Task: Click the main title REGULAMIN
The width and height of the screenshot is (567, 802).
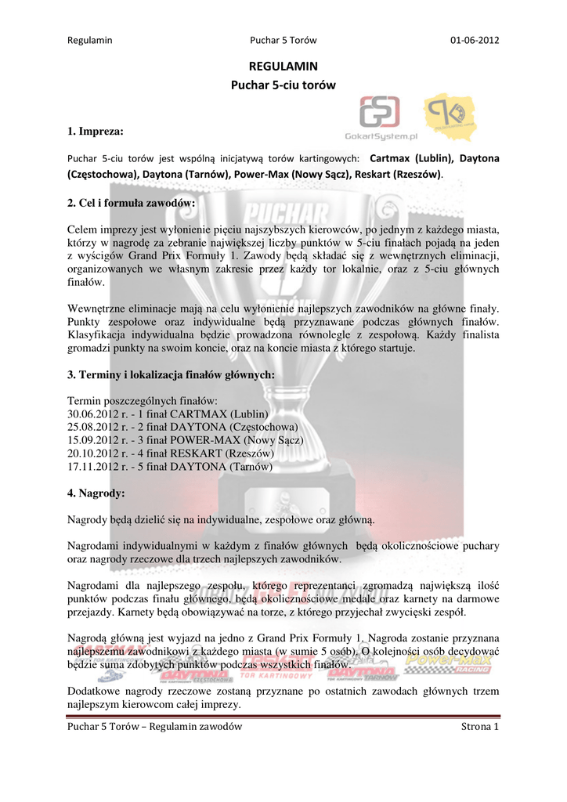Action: (x=283, y=67)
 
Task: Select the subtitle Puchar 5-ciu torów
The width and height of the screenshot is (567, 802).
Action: (x=283, y=85)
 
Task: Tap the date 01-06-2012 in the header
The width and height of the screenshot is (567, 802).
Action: (x=475, y=40)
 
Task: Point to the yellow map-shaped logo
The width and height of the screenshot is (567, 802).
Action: (x=450, y=115)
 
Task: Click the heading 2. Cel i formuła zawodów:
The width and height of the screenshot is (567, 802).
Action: (x=132, y=203)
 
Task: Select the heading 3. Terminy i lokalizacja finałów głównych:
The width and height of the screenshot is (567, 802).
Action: (x=171, y=374)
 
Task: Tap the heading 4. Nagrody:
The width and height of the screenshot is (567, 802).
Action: (x=97, y=493)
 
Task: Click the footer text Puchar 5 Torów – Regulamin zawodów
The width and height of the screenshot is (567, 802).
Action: (x=155, y=728)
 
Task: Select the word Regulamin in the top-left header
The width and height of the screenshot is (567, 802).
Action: (x=90, y=40)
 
